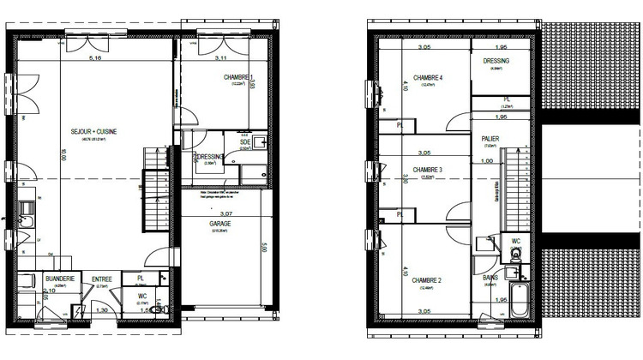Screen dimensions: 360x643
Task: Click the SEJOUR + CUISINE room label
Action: point(93,131)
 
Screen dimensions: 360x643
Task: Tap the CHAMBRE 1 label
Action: point(237,78)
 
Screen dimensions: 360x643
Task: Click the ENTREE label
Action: point(102,279)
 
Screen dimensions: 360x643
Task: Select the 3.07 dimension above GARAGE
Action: point(226,213)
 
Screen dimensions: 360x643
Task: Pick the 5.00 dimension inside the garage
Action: point(264,249)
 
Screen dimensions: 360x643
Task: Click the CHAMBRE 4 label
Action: point(428,78)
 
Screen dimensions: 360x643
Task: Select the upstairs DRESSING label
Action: point(496,62)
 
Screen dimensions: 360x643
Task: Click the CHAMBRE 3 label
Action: point(428,170)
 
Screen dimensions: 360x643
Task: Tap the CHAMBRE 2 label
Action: point(426,279)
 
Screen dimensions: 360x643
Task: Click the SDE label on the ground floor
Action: point(244,141)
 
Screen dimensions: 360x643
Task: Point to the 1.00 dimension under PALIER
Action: point(487,161)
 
